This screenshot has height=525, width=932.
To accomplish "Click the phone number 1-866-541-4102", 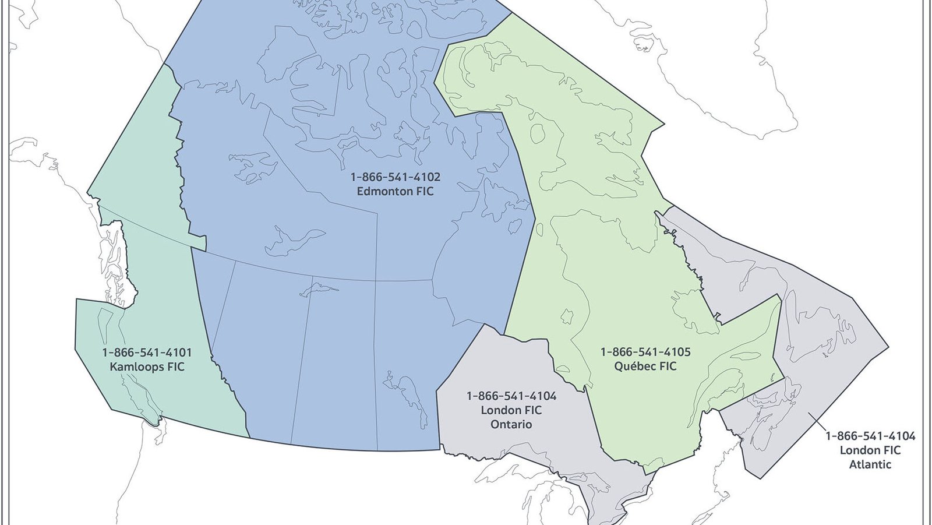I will [x=395, y=177].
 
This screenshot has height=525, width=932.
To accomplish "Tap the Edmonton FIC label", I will [x=395, y=192].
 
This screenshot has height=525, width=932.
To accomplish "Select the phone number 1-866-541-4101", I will [x=147, y=353].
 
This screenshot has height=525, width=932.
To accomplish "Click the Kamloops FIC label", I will [x=147, y=367].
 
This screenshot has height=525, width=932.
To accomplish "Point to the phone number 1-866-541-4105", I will [x=645, y=352].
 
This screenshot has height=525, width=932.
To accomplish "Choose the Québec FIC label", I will [x=645, y=367].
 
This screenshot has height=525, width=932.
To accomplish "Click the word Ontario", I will [x=511, y=425].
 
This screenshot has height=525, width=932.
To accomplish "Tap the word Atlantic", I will [x=870, y=464].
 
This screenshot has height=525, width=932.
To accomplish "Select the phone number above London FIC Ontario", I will [x=511, y=396].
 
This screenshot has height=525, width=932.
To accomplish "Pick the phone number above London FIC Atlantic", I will [x=870, y=436].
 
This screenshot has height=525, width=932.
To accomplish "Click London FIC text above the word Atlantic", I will [x=870, y=450].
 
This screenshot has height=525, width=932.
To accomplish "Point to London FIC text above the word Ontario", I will [x=511, y=410].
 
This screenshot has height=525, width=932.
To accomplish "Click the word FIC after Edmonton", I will [x=423, y=192].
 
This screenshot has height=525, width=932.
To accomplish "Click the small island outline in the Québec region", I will [x=566, y=317].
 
